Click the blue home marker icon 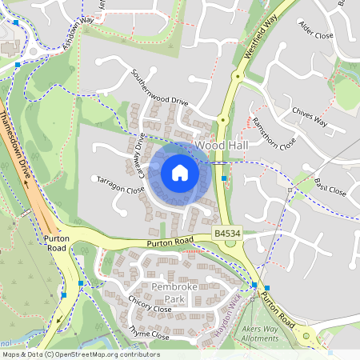pyautogui.click(x=180, y=173)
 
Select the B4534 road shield pyautogui.click(x=227, y=233)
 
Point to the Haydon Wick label pyautogui.click(x=229, y=318)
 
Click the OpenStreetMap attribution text pyautogui.click(x=80, y=354)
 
